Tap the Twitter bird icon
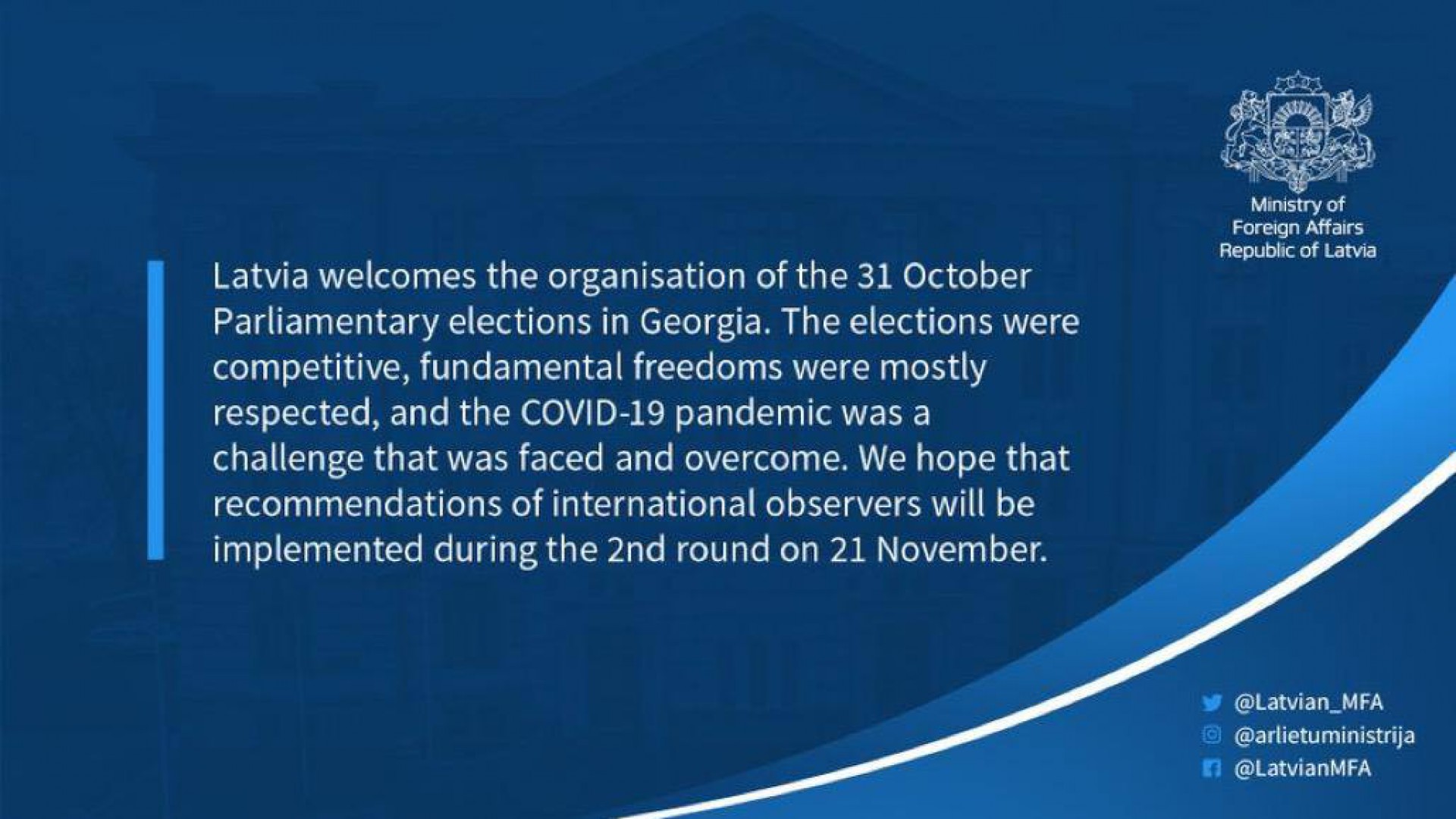(1212, 703)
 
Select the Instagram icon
(1212, 735)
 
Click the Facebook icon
(1212, 768)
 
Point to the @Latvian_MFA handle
(1309, 703)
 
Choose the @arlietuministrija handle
(1325, 736)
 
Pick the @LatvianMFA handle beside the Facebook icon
(1303, 768)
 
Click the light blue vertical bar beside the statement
(155, 410)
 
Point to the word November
(961, 550)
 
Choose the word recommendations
(357, 505)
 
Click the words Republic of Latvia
(1298, 251)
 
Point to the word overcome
(764, 460)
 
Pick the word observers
(843, 505)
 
